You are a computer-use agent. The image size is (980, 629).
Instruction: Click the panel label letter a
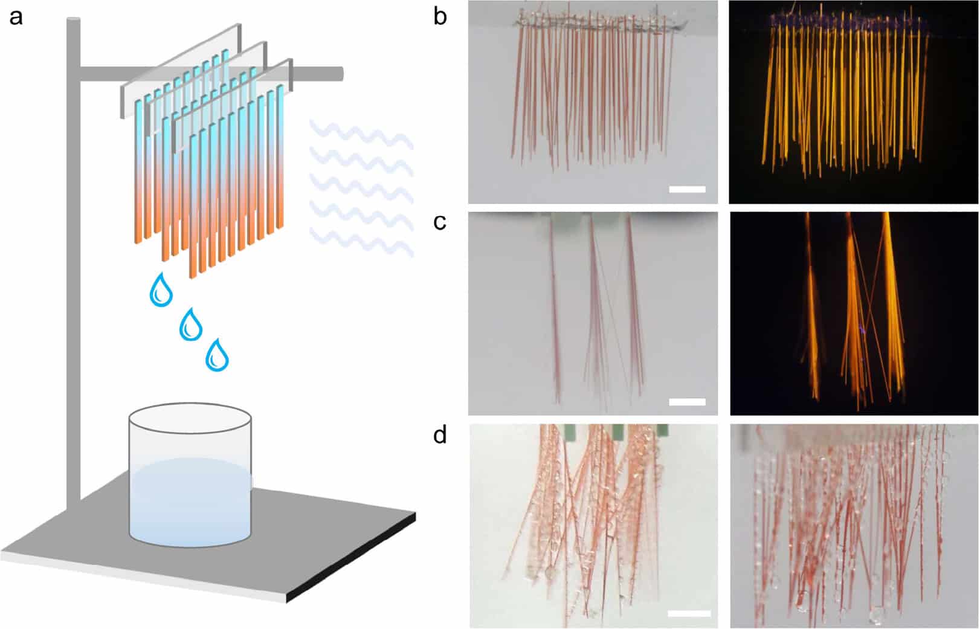[16, 16]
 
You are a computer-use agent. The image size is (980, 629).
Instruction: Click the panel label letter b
[440, 16]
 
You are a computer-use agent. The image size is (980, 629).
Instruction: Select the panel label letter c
[440, 222]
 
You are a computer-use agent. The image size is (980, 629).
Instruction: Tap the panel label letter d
[440, 434]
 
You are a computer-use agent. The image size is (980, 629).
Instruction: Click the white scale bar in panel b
[687, 189]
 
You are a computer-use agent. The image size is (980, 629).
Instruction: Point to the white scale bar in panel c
[687, 401]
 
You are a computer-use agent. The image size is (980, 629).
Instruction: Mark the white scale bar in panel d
[689, 614]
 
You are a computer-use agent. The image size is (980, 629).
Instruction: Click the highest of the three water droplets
[161, 291]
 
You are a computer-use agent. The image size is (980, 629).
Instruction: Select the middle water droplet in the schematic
[191, 325]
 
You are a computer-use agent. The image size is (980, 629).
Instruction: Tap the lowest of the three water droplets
[217, 355]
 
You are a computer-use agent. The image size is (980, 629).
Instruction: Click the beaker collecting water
[190, 483]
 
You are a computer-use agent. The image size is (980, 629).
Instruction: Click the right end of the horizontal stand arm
[340, 74]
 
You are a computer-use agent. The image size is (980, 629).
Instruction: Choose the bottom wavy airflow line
[361, 239]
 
